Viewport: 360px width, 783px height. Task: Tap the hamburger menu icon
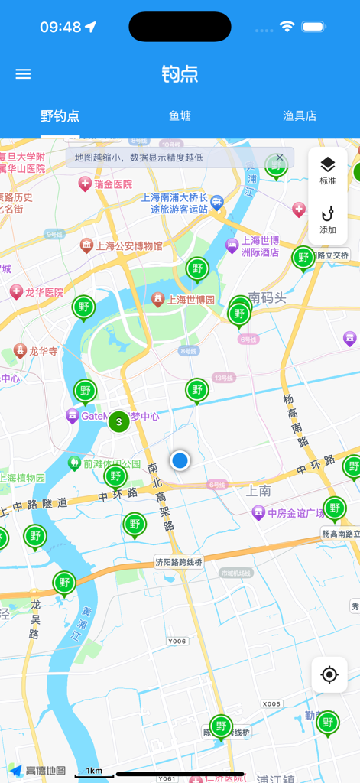[23, 74]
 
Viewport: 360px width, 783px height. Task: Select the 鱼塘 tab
[180, 116]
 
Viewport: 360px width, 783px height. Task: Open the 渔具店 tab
[300, 116]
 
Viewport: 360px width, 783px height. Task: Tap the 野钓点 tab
[60, 116]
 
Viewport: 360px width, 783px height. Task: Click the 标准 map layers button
[328, 171]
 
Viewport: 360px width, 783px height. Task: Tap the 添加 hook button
[328, 219]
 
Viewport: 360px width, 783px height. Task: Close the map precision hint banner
[280, 158]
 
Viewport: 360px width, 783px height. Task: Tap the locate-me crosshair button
[329, 674]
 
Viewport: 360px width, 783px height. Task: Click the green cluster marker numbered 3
[118, 421]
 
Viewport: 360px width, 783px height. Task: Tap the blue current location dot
[180, 460]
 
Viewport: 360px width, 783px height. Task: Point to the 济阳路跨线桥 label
[179, 562]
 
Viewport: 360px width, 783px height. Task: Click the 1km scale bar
[94, 772]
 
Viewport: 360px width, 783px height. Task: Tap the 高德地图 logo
[37, 771]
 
